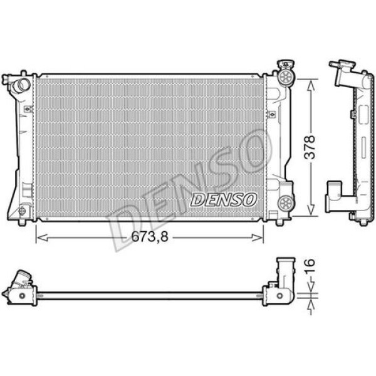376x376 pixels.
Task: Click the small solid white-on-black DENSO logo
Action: [x=224, y=199]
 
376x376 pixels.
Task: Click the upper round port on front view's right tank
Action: [x=286, y=77]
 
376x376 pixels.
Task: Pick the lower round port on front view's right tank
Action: [x=286, y=202]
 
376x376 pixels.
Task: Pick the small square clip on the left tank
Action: [x=26, y=108]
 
